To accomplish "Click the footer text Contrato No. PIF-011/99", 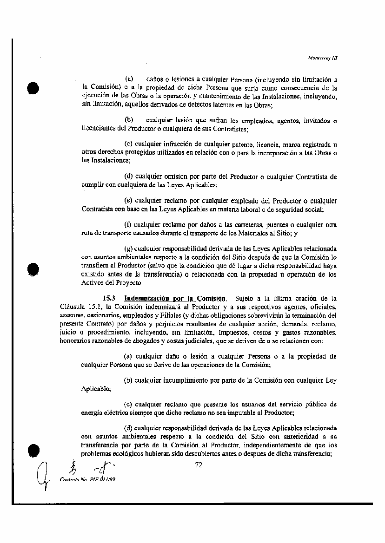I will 87,479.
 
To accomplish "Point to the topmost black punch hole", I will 32,88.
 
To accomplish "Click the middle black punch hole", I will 32,270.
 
